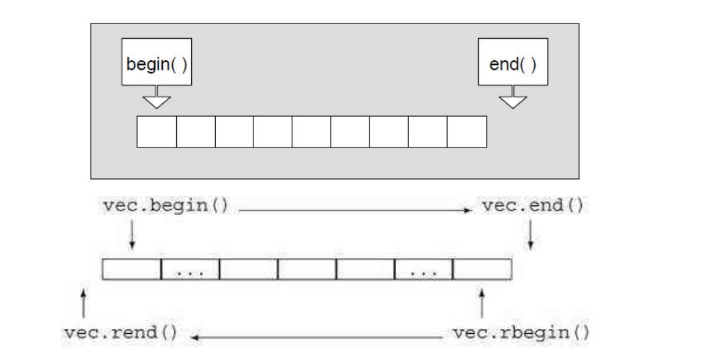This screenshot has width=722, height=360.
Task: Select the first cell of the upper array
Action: click(x=157, y=131)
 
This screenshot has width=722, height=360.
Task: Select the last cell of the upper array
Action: click(x=467, y=131)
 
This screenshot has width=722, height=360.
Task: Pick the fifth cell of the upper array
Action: click(x=312, y=131)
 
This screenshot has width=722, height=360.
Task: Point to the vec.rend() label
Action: click(x=120, y=333)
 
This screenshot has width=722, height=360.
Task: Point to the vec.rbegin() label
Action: click(x=519, y=333)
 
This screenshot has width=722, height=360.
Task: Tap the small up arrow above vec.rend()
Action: click(x=82, y=302)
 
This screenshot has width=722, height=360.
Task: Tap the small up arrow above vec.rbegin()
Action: click(x=483, y=302)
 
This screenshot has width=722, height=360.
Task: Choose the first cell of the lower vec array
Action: click(x=131, y=269)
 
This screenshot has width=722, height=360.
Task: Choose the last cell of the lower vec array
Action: click(x=482, y=269)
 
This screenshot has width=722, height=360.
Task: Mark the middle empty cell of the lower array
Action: click(x=306, y=269)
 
